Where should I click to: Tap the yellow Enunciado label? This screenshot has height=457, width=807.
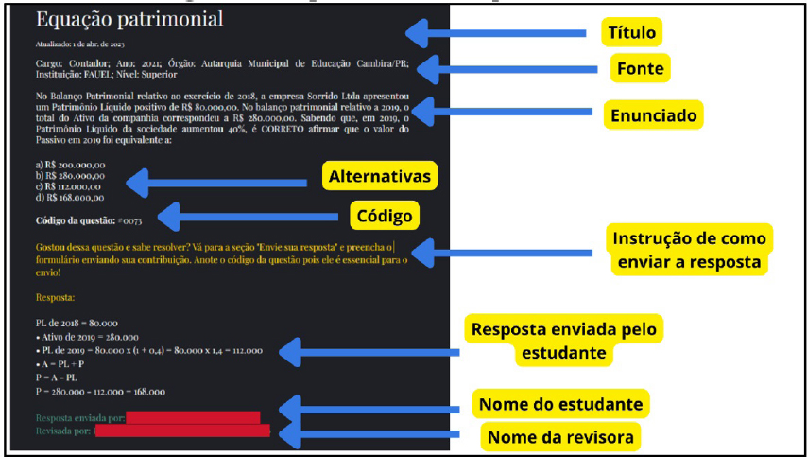coord(653,115)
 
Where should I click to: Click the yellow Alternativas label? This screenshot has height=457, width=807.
coord(380,176)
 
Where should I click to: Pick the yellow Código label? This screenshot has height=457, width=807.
coord(385,216)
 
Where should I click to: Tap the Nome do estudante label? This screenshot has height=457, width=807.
coord(561,405)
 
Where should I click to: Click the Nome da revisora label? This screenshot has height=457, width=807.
coord(561,437)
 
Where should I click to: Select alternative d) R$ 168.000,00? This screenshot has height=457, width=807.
coord(70,198)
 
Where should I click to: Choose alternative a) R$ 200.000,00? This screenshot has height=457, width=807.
coord(70,165)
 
